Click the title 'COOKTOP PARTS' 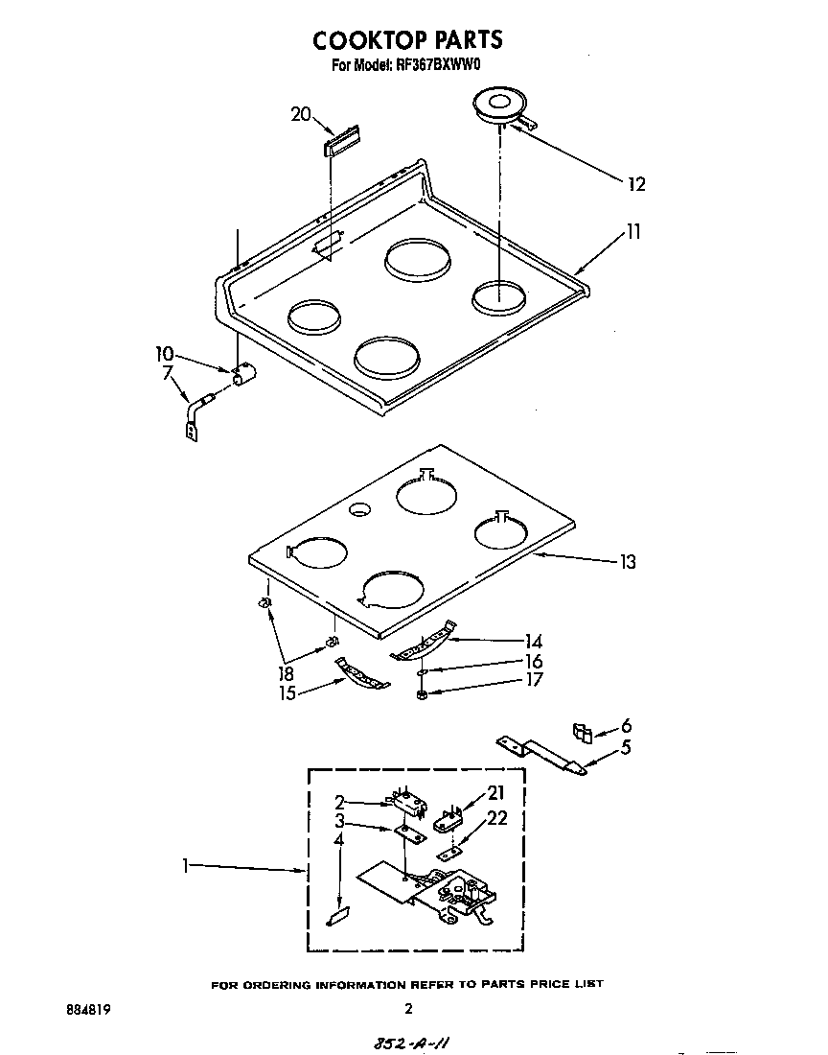click(407, 39)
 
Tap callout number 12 click(635, 184)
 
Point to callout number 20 click(301, 114)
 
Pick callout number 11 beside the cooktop click(632, 231)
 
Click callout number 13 click(627, 562)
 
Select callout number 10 click(165, 352)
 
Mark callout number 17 click(534, 680)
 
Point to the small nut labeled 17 click(423, 693)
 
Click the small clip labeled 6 click(581, 733)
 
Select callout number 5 click(626, 747)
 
